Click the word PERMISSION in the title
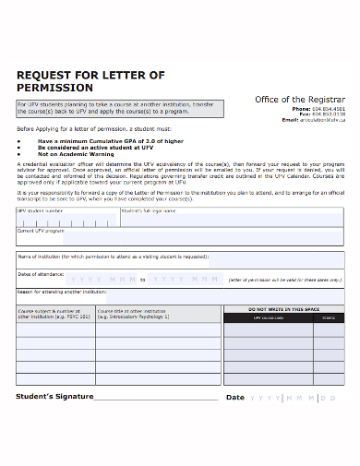click(x=55, y=88)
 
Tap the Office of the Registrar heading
click(x=299, y=99)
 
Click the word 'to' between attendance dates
click(x=143, y=279)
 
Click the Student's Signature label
click(x=55, y=397)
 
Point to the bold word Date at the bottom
click(x=235, y=398)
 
